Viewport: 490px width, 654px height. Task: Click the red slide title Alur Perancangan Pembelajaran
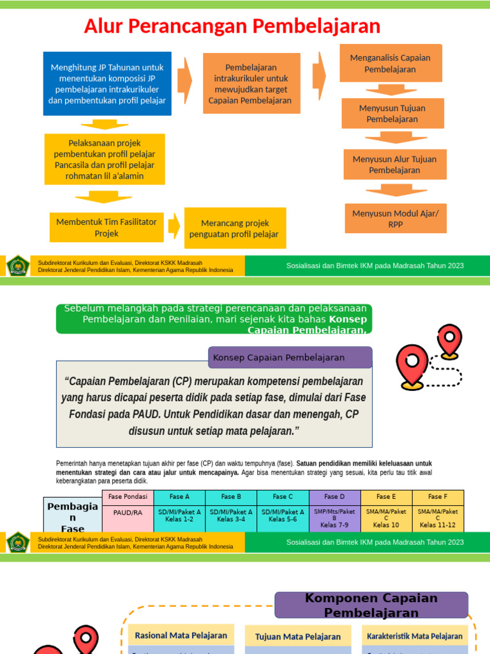click(x=232, y=26)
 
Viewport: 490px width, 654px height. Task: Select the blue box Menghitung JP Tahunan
click(x=107, y=84)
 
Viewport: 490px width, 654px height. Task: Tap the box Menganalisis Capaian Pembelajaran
click(x=390, y=63)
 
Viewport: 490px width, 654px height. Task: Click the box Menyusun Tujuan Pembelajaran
click(x=392, y=114)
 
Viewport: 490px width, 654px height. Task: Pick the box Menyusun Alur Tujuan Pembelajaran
click(x=394, y=165)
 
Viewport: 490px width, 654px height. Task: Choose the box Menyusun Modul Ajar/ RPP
click(x=396, y=219)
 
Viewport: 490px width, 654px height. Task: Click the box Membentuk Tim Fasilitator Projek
click(x=107, y=228)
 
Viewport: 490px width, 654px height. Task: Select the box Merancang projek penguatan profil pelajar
click(x=234, y=228)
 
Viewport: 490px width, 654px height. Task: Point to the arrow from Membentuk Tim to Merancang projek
click(x=174, y=225)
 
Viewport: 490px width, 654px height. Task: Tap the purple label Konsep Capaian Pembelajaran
click(x=290, y=358)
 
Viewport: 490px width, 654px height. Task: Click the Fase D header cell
click(x=334, y=497)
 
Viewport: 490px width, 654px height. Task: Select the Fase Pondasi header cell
click(x=128, y=497)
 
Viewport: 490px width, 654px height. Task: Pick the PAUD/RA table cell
click(x=128, y=512)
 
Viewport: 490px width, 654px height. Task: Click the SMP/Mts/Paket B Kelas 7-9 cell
click(x=334, y=518)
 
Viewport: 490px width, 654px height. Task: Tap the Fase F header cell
click(x=438, y=497)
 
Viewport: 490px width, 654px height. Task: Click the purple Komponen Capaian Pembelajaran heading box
click(x=371, y=605)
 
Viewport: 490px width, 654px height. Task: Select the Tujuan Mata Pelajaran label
click(x=298, y=637)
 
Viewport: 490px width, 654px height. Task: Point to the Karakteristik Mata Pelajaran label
click(x=415, y=636)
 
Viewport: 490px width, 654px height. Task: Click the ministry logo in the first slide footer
click(x=18, y=266)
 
